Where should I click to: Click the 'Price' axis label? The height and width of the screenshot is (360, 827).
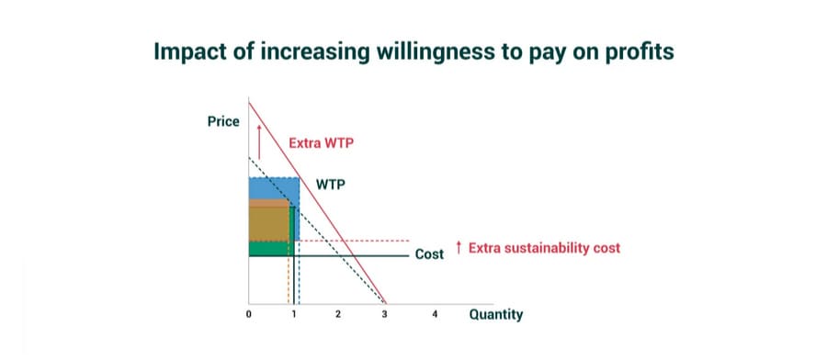click(x=223, y=122)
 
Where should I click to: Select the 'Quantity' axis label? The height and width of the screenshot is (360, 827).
click(x=496, y=315)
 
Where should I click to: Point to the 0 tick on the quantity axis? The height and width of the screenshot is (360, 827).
click(x=248, y=315)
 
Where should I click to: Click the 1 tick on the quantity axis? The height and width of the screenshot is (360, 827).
click(x=293, y=315)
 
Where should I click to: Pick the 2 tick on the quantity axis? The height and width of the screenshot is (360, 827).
click(x=338, y=315)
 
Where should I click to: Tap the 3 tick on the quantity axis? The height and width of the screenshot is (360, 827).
click(x=384, y=315)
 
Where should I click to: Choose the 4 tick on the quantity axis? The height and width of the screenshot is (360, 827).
click(x=435, y=315)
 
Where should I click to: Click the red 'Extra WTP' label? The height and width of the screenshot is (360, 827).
click(x=321, y=143)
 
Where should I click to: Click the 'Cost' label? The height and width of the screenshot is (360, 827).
click(x=429, y=254)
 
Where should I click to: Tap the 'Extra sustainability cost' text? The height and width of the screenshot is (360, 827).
click(x=544, y=248)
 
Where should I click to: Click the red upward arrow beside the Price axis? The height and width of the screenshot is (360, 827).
click(x=259, y=141)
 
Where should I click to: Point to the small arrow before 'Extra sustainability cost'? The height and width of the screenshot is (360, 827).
click(x=459, y=247)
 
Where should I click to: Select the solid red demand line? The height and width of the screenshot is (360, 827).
click(x=317, y=202)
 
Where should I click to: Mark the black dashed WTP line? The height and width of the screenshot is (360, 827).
click(x=316, y=231)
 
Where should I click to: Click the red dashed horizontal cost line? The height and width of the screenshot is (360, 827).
click(x=355, y=241)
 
